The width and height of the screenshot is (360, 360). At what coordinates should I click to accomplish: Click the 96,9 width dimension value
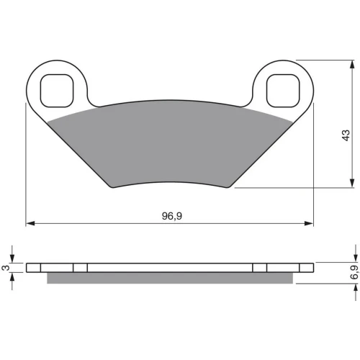[172, 216]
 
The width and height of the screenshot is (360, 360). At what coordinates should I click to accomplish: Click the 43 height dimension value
[346, 135]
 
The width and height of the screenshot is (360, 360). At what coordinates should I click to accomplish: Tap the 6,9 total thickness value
[355, 272]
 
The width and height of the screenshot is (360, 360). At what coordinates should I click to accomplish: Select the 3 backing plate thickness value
[5, 268]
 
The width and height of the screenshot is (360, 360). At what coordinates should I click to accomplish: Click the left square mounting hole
[57, 91]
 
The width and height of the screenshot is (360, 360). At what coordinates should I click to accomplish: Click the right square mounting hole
[283, 91]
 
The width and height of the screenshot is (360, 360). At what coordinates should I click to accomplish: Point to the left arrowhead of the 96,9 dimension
[30, 223]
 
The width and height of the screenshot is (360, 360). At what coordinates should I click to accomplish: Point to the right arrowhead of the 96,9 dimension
[309, 223]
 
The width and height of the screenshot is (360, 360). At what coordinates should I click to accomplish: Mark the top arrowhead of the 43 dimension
[352, 64]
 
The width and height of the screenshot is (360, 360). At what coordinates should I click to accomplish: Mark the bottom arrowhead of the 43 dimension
[352, 183]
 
